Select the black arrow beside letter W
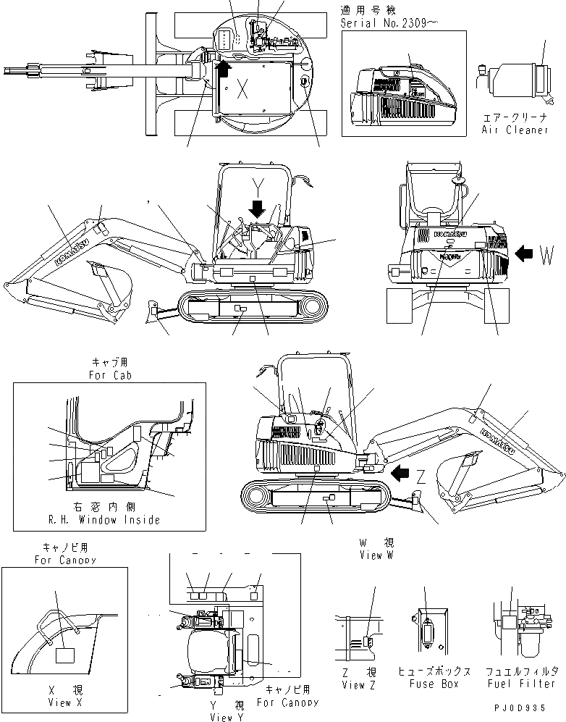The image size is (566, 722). [x=526, y=253]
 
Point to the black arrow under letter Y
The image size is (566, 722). [x=256, y=209]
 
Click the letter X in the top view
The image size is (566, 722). [x=242, y=90]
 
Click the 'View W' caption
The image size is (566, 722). [x=376, y=555]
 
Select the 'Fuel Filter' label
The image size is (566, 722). [x=520, y=684]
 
